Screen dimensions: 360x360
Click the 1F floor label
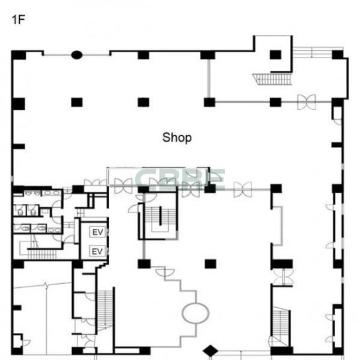[18, 20]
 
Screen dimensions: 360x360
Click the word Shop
[177, 138]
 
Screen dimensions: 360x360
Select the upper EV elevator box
[97, 232]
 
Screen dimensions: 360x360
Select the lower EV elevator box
[97, 251]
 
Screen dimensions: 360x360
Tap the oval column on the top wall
[77, 55]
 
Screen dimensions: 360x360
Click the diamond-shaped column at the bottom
[210, 351]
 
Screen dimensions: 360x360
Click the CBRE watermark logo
[180, 179]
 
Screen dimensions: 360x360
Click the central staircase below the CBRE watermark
[160, 219]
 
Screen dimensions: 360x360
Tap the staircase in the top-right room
[273, 79]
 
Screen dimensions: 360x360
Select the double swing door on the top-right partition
[306, 102]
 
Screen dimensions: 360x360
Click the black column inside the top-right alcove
[275, 55]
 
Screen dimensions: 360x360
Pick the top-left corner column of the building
[19, 56]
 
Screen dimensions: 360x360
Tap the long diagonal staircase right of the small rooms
[105, 310]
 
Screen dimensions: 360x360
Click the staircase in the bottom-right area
[280, 326]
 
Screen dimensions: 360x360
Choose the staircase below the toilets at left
[42, 254]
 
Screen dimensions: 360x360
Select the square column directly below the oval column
[77, 103]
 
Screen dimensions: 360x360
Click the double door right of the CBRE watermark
[243, 189]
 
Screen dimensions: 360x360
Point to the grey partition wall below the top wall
[208, 79]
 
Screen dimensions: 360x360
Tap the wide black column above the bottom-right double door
[282, 264]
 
